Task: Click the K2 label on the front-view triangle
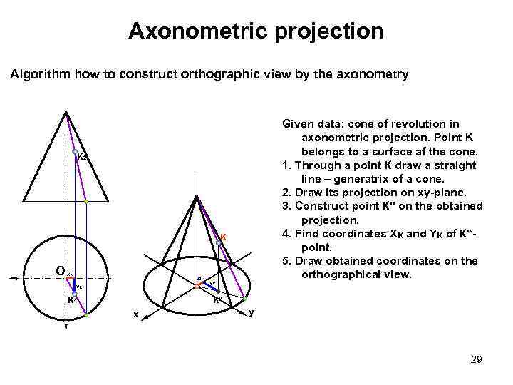(x=82, y=157)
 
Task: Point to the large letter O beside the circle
(x=60, y=269)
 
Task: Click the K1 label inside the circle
(x=71, y=300)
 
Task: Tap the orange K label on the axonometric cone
(x=223, y=237)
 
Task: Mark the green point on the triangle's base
(x=86, y=202)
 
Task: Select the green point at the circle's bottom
(x=86, y=314)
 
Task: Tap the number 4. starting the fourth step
(x=288, y=233)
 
